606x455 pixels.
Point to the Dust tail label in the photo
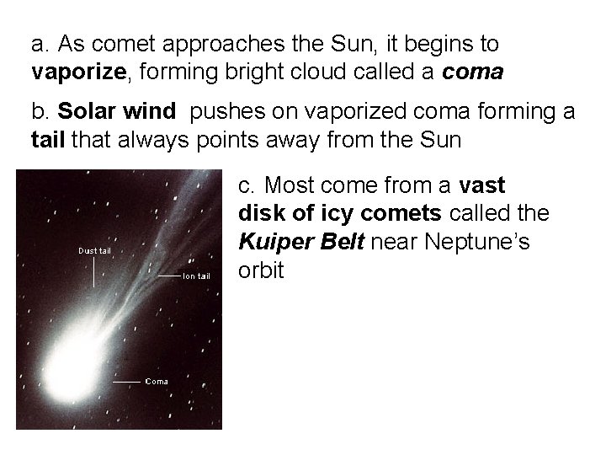[x=94, y=250]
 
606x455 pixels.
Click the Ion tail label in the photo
[x=196, y=276]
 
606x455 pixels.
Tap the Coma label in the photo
[x=157, y=382]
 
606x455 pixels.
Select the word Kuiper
[x=272, y=243]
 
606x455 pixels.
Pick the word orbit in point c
[x=261, y=272]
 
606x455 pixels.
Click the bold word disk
[x=261, y=214]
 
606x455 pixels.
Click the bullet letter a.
[x=39, y=44]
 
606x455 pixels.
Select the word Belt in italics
[x=347, y=243]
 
